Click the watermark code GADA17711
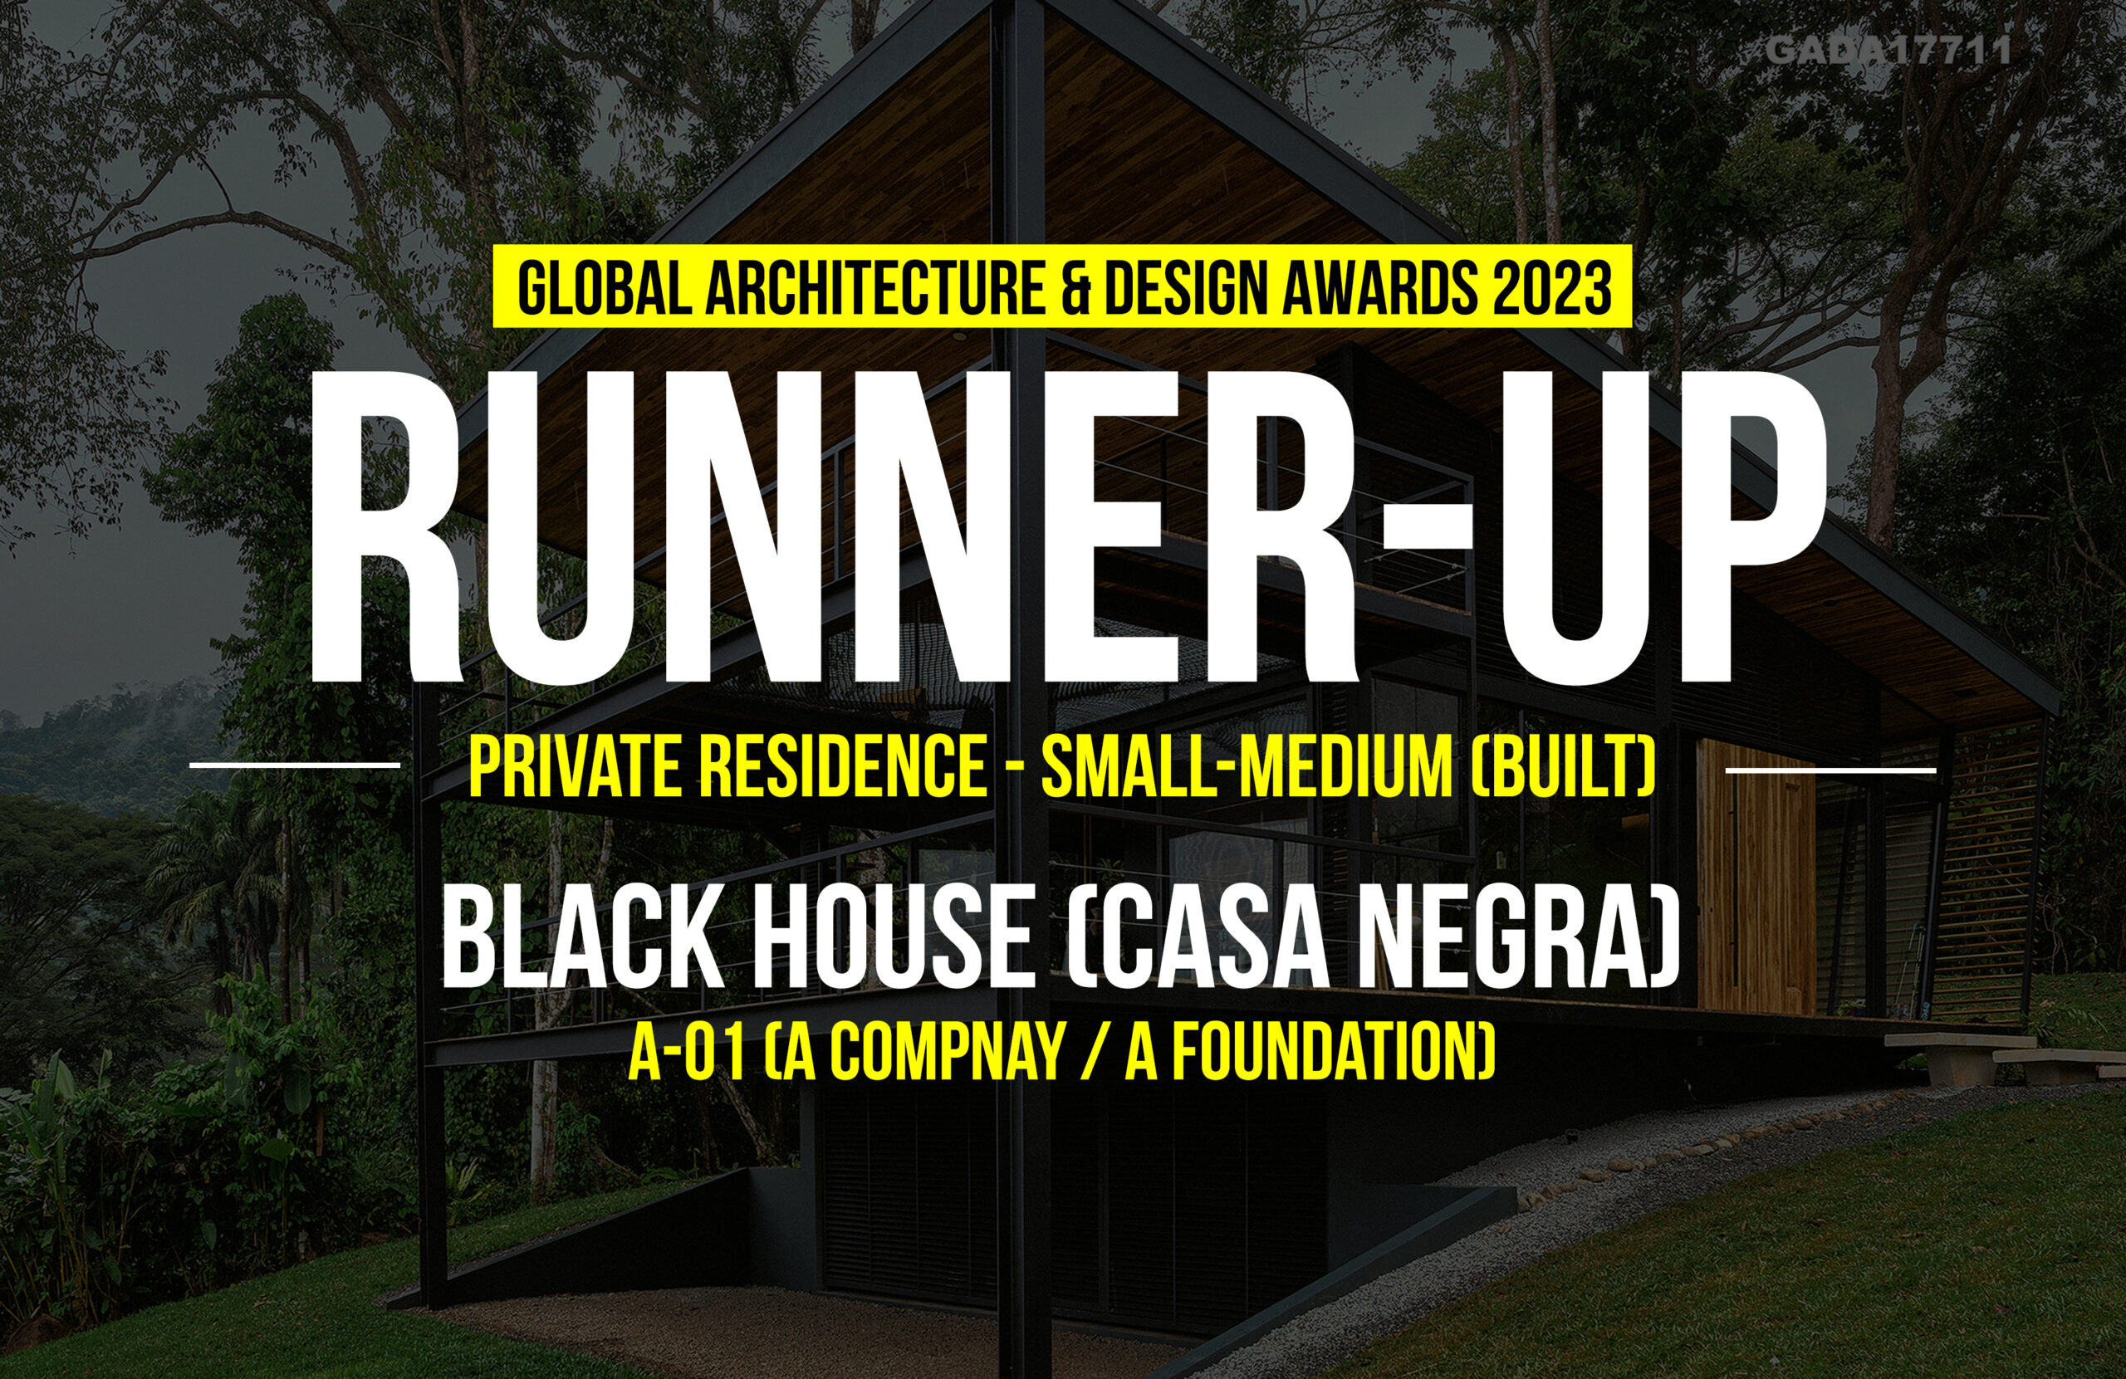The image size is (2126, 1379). tap(1888, 50)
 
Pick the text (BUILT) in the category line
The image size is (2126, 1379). tap(1562, 766)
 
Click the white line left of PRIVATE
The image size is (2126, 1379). tap(295, 765)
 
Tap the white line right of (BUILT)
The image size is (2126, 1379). tap(1830, 769)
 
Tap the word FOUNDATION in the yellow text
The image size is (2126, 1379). tap(1321, 1054)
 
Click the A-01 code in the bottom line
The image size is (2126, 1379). tap(687, 1054)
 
